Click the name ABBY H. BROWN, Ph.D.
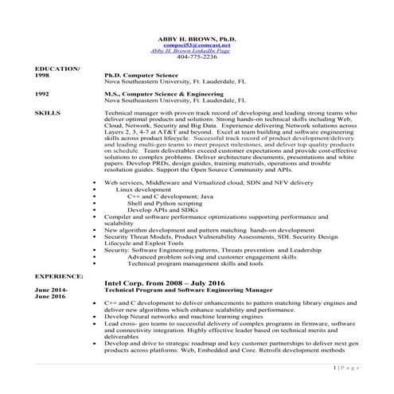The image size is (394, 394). pos(197,39)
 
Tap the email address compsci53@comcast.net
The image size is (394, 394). pos(197,45)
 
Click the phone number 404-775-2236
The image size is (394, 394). pos(197,58)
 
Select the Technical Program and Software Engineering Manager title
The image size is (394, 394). pos(187,290)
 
